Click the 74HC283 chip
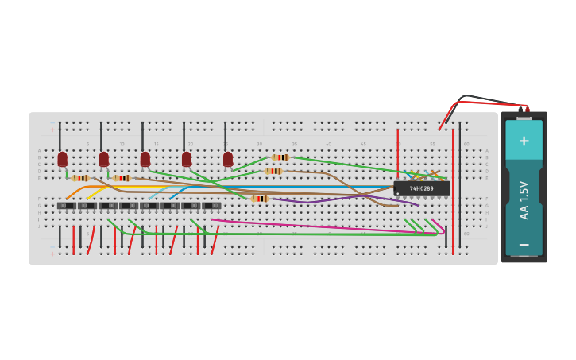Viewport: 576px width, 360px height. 422,188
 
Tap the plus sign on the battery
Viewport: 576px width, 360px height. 524,141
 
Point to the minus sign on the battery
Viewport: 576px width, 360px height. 524,245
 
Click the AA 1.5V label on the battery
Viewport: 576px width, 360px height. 524,200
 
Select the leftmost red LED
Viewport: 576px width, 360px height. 63,159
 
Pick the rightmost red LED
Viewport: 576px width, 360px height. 228,159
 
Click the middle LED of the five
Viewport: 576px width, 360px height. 145,159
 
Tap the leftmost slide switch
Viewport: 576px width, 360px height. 67,206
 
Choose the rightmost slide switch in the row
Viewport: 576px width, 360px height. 211,206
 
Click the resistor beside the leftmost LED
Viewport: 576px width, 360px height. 79,178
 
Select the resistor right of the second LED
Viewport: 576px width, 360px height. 122,178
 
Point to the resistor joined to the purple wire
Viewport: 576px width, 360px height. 259,199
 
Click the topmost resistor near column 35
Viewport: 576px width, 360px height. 280,157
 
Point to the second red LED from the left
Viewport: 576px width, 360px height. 104,159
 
